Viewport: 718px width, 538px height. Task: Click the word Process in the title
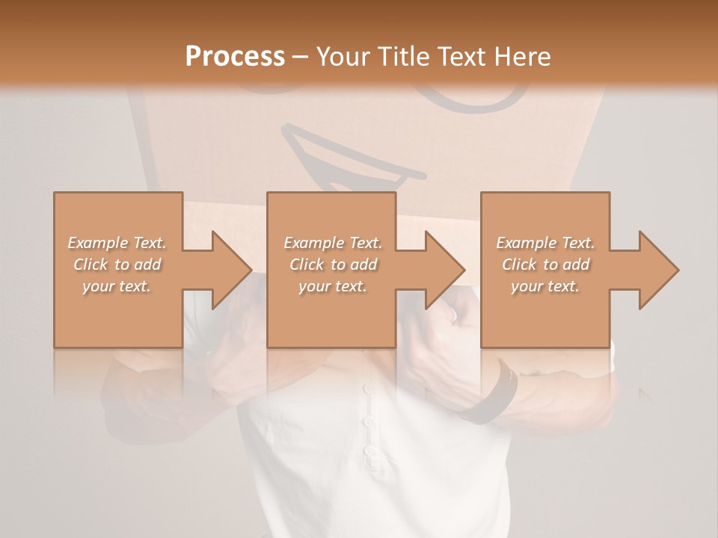click(235, 56)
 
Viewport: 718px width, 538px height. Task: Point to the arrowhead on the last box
click(657, 270)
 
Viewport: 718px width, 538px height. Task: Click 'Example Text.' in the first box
click(117, 243)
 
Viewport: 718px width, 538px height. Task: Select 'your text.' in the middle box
click(332, 286)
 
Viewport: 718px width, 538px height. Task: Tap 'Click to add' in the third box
click(545, 265)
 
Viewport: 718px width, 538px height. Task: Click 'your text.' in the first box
click(117, 286)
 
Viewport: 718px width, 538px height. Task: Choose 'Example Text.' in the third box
click(545, 243)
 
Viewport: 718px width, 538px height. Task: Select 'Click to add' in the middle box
click(332, 265)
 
